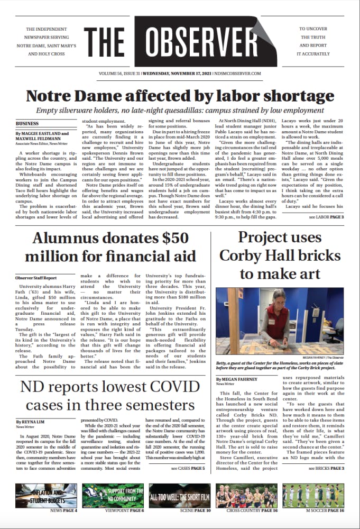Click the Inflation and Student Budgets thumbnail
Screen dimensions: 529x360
pyautogui.click(x=47, y=495)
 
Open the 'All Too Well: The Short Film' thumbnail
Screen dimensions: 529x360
pyautogui.click(x=180, y=495)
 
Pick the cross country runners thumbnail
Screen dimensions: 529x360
pyautogui.click(x=246, y=495)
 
